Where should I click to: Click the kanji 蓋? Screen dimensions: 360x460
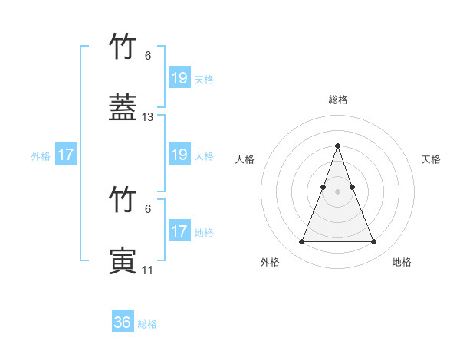pos(123,108)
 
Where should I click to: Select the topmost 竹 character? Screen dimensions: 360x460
pos(123,47)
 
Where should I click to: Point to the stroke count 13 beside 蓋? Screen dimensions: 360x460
pos(148,117)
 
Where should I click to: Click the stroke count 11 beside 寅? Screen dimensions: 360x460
pos(148,270)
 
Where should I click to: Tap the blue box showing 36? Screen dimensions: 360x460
pos(123,322)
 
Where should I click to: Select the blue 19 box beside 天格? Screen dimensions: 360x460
pos(179,77)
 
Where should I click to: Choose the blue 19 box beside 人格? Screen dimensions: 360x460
pos(179,155)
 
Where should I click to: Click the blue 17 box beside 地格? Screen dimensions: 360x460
pos(179,231)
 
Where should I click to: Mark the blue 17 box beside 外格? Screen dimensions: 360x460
pos(66,155)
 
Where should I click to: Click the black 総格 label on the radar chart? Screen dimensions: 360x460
pos(338,100)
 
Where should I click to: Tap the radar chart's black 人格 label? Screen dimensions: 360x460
pos(245,159)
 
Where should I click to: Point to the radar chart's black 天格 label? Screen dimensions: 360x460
pos(431,159)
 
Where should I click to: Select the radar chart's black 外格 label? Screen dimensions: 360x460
pos(270,262)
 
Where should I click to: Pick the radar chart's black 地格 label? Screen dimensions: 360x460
pos(402,262)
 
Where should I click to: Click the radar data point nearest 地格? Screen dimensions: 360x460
pos(373,242)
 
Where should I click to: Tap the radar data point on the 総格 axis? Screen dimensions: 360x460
pos(338,146)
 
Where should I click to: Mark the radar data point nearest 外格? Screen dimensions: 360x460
pos(301,242)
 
